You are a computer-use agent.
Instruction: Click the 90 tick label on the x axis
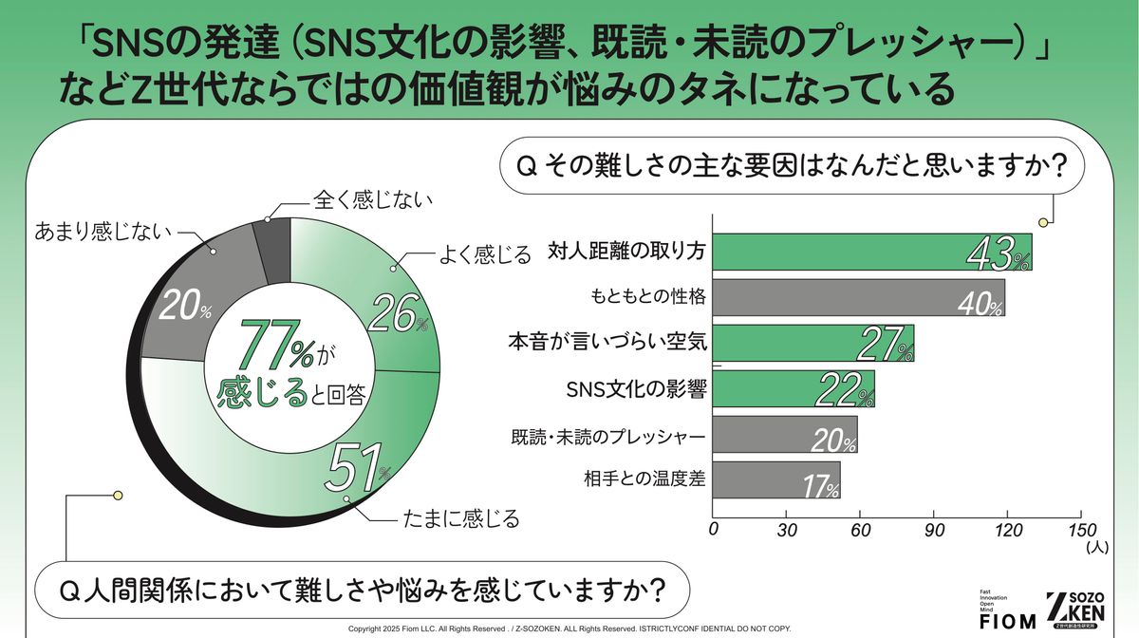coord(934,531)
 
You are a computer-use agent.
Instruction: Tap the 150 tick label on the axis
coord(1081,531)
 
